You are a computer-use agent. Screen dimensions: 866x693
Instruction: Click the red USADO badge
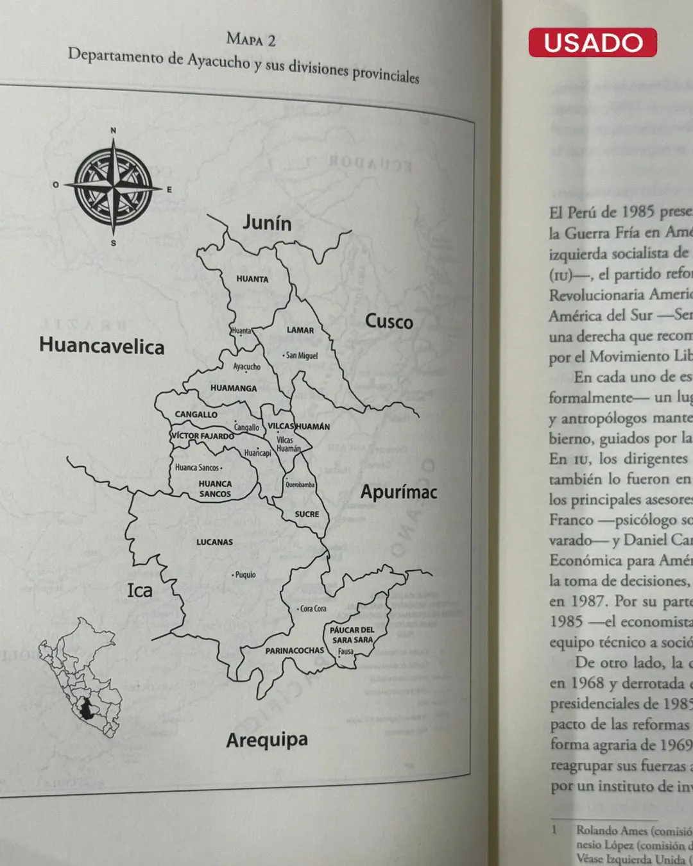pos(592,42)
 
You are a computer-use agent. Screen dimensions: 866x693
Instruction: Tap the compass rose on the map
pos(114,185)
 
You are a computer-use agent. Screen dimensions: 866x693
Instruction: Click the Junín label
pos(267,223)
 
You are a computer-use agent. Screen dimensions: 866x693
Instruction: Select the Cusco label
pos(389,321)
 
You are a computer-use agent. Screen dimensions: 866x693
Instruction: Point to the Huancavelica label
pos(102,346)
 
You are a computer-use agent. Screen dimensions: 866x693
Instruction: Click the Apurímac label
pos(398,492)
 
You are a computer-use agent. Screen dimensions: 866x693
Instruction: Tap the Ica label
pos(140,590)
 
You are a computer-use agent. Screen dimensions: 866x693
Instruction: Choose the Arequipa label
pos(267,740)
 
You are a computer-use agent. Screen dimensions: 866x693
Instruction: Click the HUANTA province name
pos(252,279)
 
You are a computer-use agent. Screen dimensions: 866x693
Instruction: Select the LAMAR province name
pos(300,330)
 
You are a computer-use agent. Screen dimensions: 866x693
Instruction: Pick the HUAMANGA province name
pos(234,388)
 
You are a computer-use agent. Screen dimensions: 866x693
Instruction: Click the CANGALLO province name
pos(196,414)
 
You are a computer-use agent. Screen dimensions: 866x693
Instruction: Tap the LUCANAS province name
pos(214,542)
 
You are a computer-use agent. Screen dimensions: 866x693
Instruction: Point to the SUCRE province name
pos(307,514)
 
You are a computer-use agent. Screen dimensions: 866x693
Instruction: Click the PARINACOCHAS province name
pos(295,650)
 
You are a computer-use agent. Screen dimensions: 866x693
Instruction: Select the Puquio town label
pos(244,575)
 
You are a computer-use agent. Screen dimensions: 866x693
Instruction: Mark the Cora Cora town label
pos(312,609)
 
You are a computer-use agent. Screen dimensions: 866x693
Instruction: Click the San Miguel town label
pos(301,355)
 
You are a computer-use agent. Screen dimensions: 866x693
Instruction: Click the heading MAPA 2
pos(251,40)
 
